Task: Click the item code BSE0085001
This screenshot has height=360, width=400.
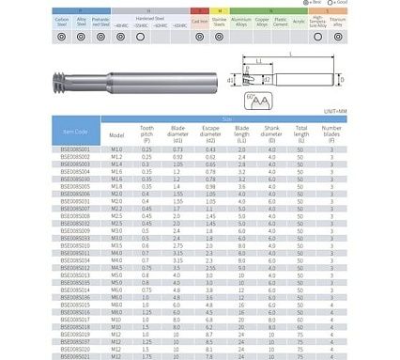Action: click(83, 149)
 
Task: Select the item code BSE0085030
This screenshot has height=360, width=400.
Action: click(83, 180)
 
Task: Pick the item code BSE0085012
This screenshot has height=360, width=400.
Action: click(83, 267)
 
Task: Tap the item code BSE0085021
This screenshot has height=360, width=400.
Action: click(83, 356)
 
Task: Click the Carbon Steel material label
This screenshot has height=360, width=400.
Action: click(62, 21)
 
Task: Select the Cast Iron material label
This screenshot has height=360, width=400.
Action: click(200, 20)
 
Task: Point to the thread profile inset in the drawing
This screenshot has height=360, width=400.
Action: click(253, 98)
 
